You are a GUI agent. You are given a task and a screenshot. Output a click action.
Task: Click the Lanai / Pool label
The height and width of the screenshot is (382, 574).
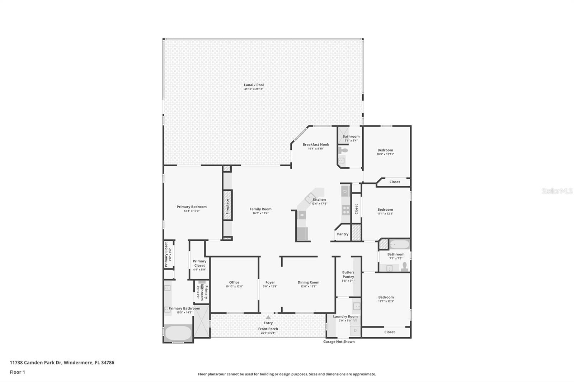(x=254, y=85)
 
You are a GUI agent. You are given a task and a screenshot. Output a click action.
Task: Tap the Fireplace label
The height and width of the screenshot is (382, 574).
(x=227, y=206)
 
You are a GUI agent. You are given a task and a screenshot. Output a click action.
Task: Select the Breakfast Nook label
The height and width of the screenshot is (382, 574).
(x=316, y=144)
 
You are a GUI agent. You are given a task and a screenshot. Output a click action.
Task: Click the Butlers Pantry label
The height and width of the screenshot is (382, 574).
(x=348, y=274)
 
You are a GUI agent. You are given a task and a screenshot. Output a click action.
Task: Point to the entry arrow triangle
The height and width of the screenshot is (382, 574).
(x=268, y=317)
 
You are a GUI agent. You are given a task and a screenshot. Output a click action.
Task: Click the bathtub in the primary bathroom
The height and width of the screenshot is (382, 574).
(x=178, y=333)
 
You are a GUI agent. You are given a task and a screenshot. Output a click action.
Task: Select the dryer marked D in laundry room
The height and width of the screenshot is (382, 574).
(x=355, y=330)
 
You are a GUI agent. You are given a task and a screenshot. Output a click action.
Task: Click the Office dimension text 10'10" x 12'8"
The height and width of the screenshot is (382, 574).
(x=234, y=286)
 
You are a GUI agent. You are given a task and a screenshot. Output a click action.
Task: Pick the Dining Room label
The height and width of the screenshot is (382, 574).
(x=308, y=282)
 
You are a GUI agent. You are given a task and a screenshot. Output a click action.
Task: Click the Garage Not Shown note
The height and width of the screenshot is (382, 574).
(x=339, y=342)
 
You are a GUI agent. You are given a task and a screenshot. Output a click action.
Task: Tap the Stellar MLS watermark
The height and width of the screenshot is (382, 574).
(x=557, y=191)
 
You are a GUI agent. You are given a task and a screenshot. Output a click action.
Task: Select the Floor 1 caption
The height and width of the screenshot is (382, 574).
(x=17, y=372)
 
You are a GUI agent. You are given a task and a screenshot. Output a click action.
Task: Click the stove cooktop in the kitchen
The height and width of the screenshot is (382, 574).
(x=346, y=210)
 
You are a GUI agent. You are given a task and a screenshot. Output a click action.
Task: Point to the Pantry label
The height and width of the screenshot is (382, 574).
(x=343, y=234)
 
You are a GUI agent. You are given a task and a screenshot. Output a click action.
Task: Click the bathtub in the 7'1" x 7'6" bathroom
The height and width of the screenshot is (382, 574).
(x=399, y=245)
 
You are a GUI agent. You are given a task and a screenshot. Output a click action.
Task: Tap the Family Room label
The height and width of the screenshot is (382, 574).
(x=260, y=209)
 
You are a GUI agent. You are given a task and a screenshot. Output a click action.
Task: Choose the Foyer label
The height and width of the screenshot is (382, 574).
(x=270, y=282)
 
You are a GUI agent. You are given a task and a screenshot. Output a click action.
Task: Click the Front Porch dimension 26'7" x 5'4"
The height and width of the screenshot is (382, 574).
(x=268, y=333)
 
